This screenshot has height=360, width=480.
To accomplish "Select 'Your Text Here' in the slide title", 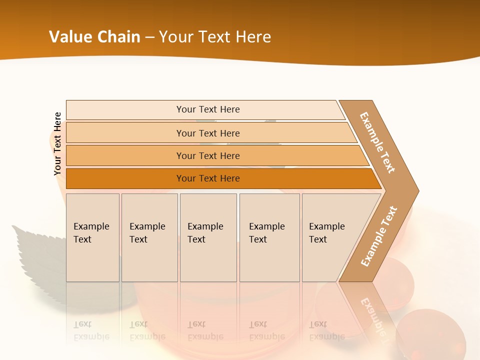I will tap(214, 37).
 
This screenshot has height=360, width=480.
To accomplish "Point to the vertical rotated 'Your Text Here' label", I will tap(57, 143).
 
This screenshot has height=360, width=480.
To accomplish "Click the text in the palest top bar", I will tap(208, 109).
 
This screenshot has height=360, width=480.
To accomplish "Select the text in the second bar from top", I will tap(208, 133).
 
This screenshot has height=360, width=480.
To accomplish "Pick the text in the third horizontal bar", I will tap(208, 155).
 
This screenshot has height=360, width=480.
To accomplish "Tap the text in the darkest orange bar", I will tap(208, 178).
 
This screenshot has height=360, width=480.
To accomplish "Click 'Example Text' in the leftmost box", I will tap(91, 233).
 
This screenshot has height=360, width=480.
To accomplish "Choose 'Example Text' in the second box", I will tap(147, 233).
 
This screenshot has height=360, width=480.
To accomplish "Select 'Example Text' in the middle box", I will tap(205, 233).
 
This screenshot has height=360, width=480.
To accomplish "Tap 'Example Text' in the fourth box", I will tap(266, 233).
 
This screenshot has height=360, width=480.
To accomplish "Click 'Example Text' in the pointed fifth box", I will tap(326, 233).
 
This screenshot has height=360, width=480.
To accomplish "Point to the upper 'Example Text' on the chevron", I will tap(377, 142).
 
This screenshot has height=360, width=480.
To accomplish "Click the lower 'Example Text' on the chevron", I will tap(379, 236).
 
